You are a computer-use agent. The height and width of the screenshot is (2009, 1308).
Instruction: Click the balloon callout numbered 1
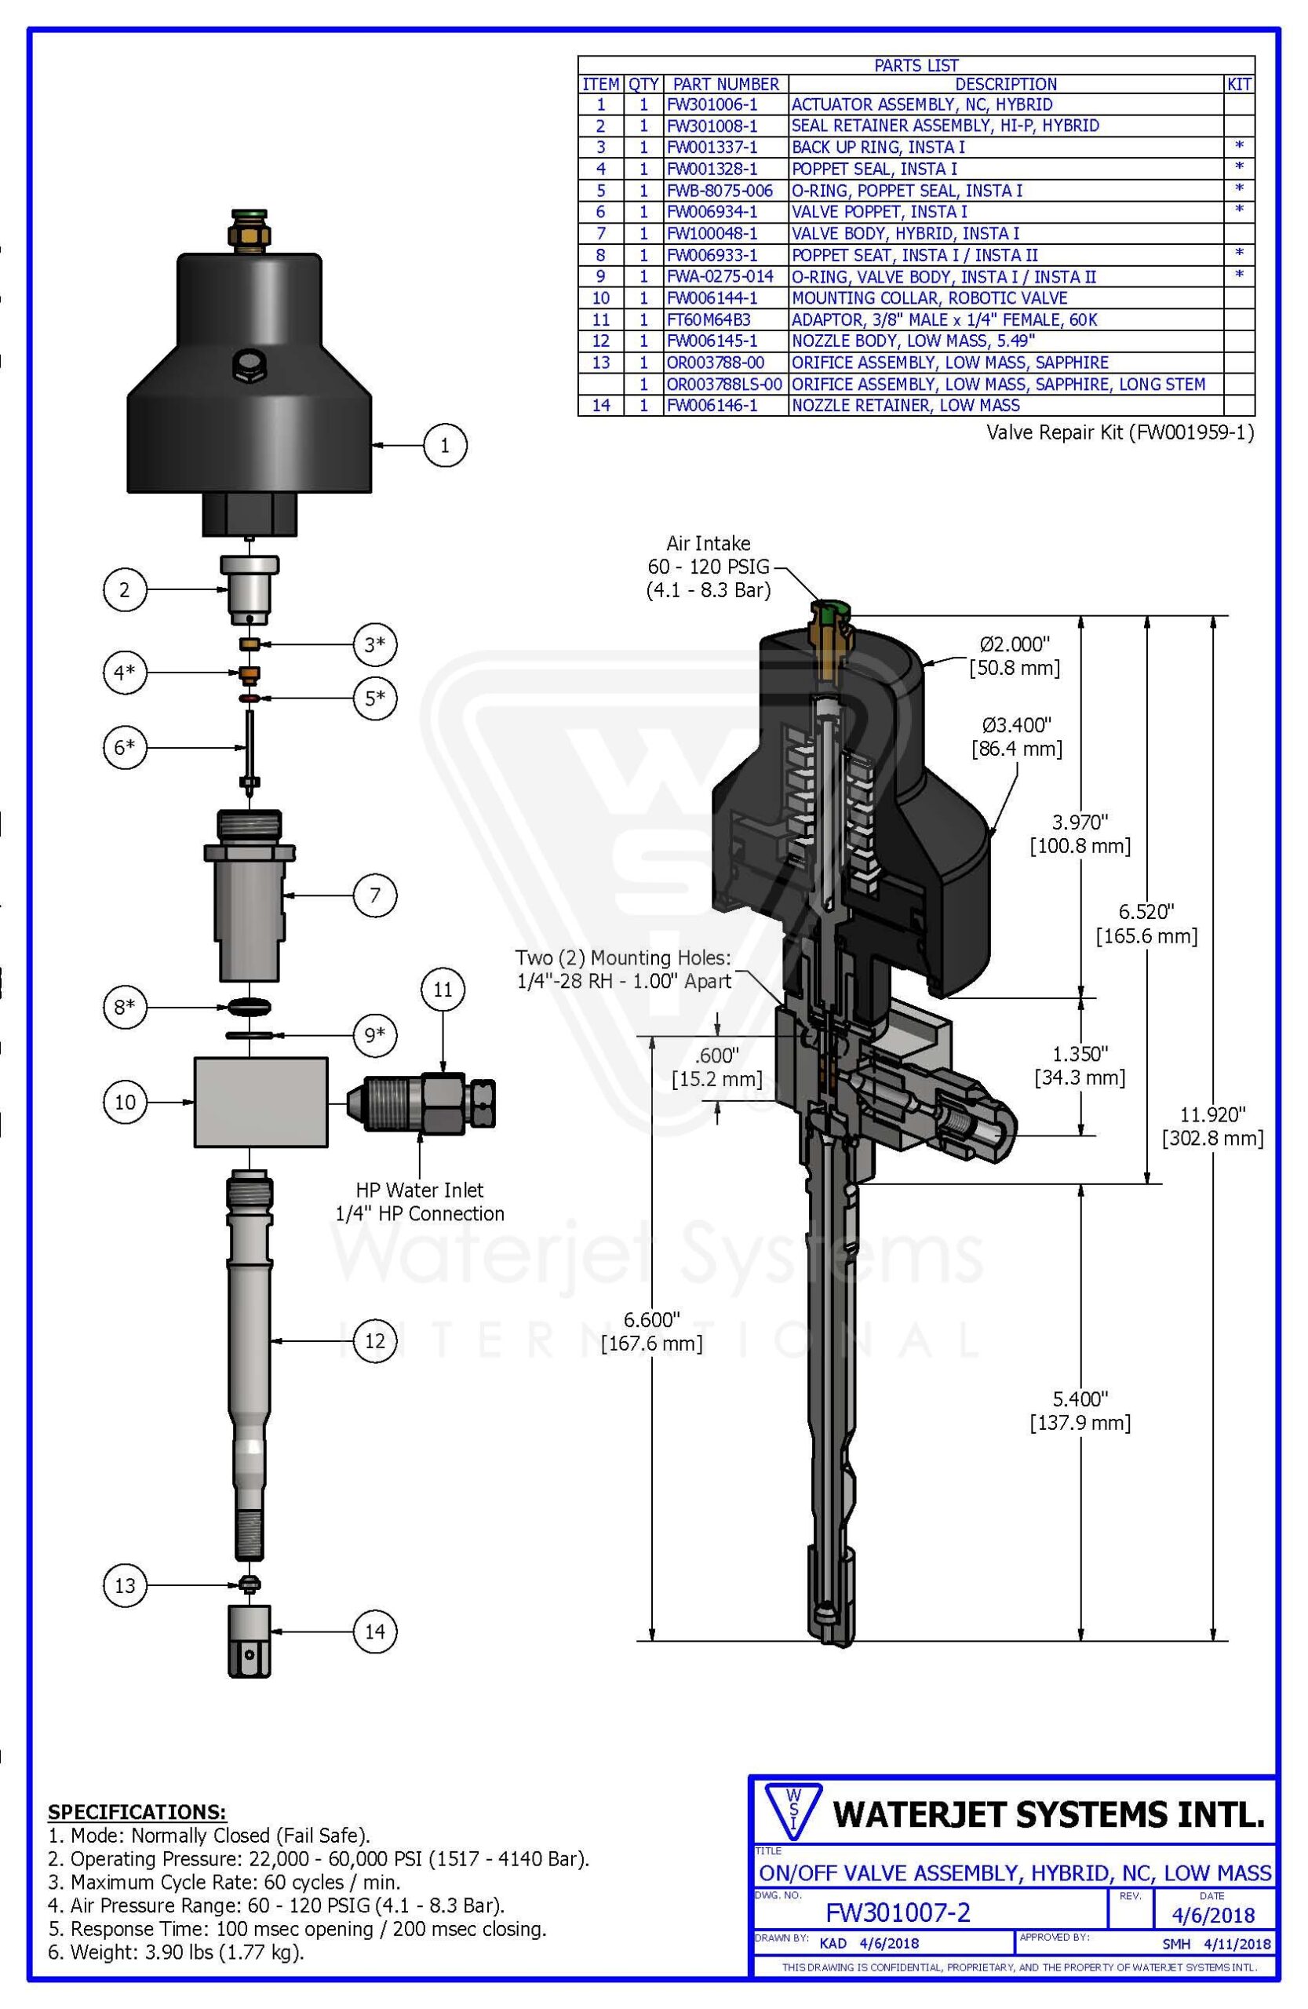tap(445, 444)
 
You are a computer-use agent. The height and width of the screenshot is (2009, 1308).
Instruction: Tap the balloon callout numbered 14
tap(375, 1631)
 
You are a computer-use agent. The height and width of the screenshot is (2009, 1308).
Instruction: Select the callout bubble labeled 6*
tap(124, 747)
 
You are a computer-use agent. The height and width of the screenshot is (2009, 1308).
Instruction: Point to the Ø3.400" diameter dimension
tap(1017, 736)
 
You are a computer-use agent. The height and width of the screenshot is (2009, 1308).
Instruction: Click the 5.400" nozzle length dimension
tap(1080, 1410)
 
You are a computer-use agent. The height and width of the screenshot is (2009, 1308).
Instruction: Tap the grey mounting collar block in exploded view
tap(261, 1102)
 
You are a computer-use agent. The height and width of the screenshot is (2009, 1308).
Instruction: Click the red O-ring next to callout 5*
tap(250, 699)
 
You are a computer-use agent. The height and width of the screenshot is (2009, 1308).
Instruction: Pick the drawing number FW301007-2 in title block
tap(898, 1912)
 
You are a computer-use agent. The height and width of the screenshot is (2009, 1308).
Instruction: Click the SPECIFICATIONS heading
tap(137, 1812)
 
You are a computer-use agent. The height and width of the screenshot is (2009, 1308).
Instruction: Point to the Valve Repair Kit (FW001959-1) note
tap(1120, 432)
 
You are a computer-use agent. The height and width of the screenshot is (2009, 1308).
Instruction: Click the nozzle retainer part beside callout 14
tap(249, 1639)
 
